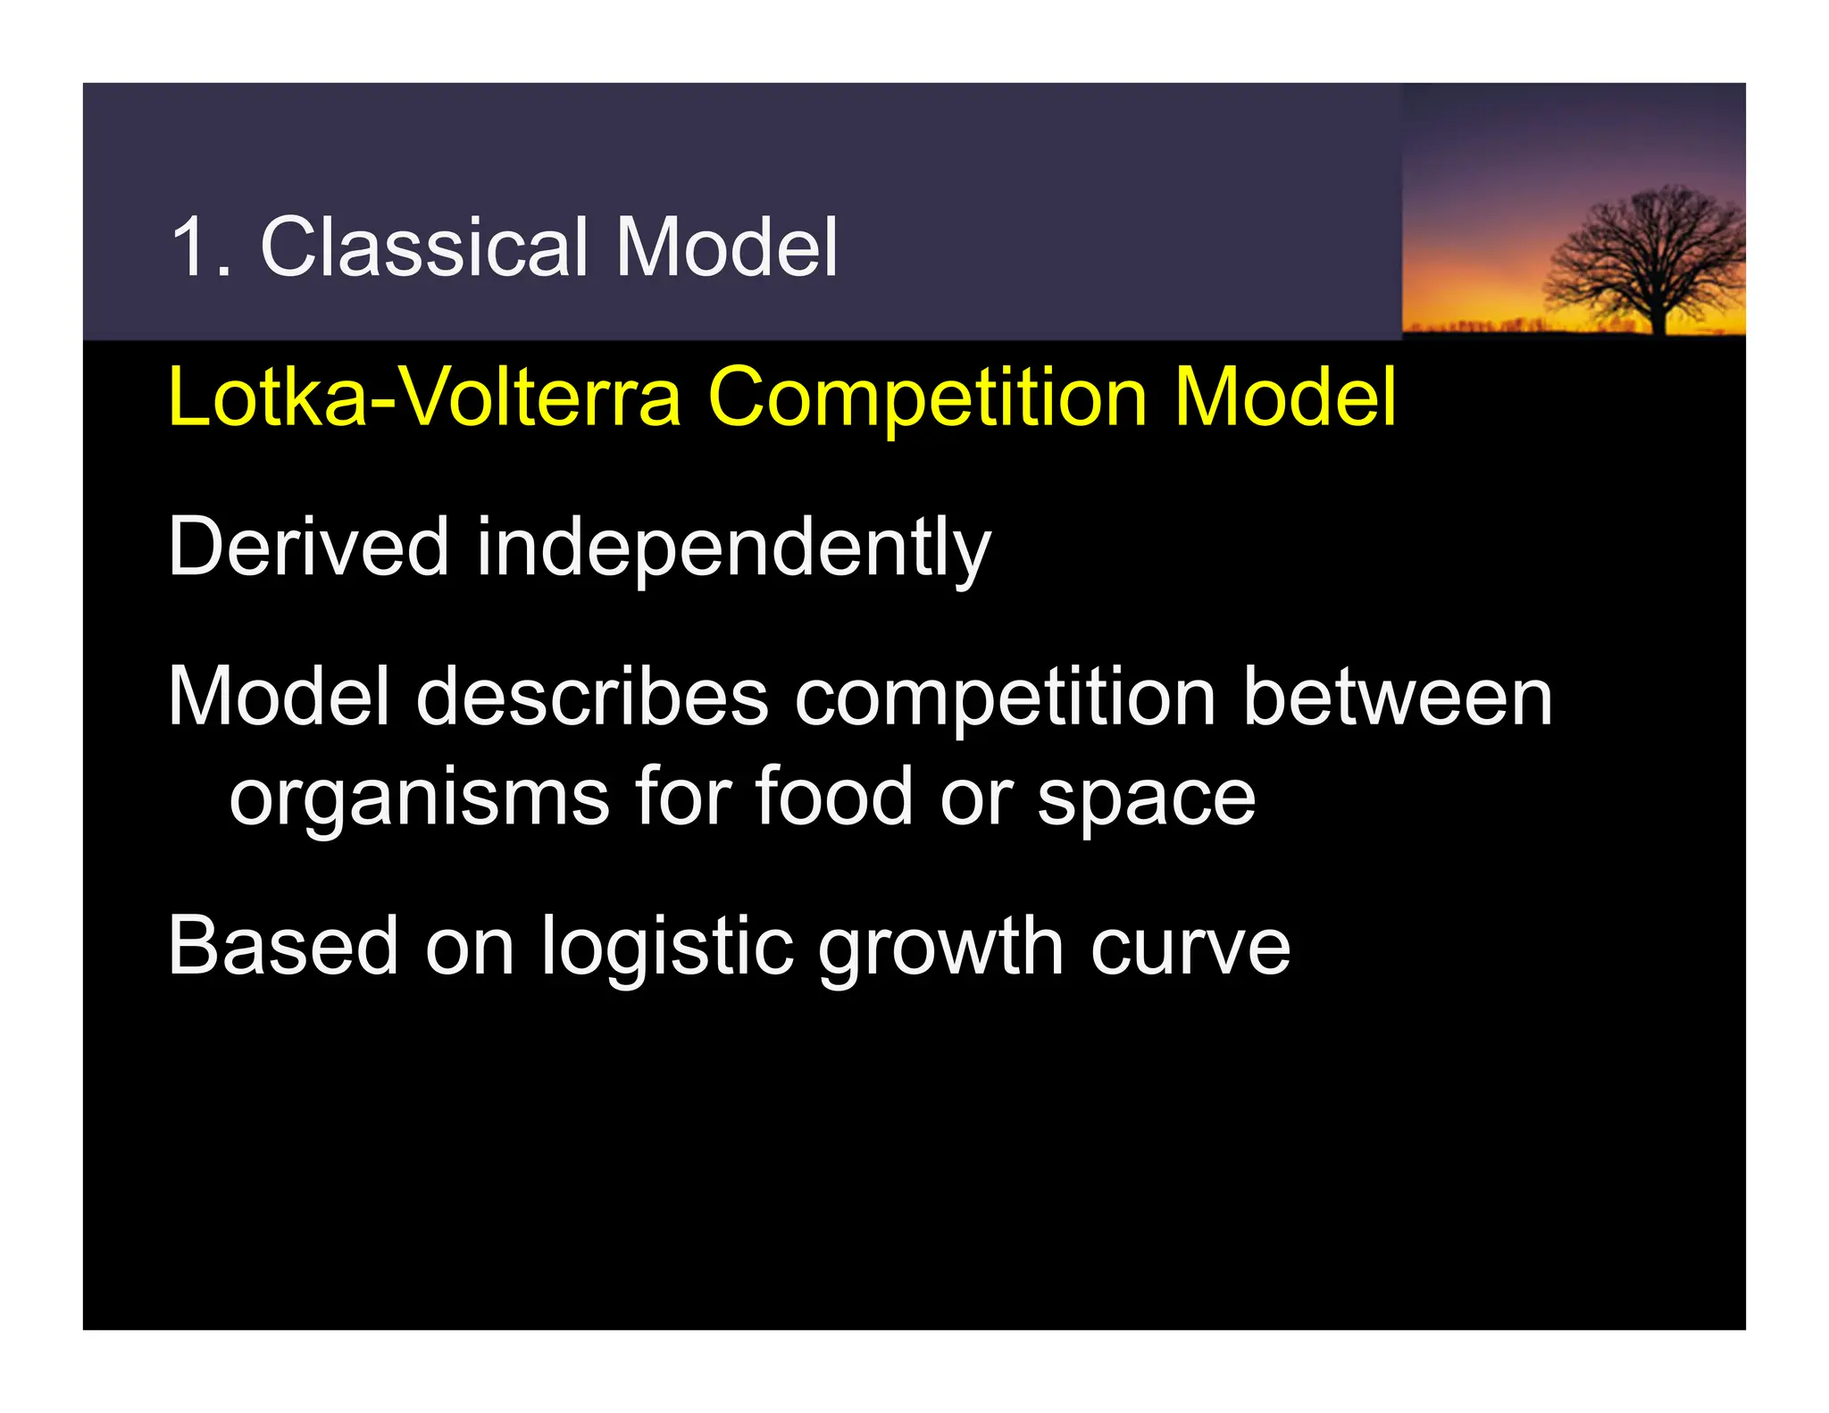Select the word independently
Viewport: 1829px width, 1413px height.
point(733,549)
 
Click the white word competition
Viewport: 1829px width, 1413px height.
point(1005,699)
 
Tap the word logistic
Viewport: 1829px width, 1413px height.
point(666,948)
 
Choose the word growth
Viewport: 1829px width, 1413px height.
point(940,948)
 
